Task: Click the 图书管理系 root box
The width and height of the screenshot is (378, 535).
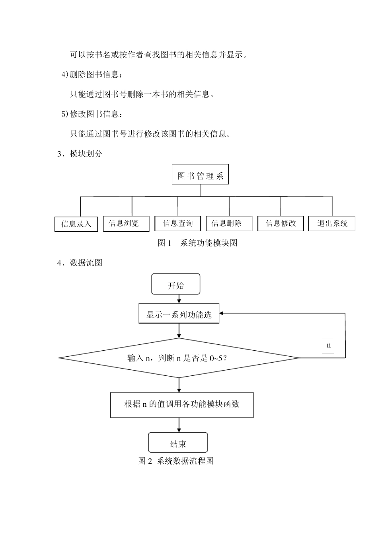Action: click(200, 174)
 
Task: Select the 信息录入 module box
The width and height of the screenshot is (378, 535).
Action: click(76, 224)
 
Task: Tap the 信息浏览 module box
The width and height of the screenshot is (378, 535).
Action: click(126, 223)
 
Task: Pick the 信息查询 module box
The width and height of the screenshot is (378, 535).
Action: click(177, 223)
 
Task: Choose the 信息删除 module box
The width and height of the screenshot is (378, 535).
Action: click(229, 223)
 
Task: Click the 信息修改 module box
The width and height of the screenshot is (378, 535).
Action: click(281, 223)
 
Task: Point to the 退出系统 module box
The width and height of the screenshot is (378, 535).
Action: click(332, 223)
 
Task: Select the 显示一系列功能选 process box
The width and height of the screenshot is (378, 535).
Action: click(179, 314)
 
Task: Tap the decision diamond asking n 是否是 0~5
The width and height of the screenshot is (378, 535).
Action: click(179, 358)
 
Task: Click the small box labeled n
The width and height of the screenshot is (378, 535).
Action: click(328, 345)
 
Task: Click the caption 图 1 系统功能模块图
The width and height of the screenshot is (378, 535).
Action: click(197, 243)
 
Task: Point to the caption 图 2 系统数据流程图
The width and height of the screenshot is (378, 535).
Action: click(176, 461)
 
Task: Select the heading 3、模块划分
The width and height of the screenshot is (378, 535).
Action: click(80, 154)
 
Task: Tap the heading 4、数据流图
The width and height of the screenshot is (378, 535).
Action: click(80, 263)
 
